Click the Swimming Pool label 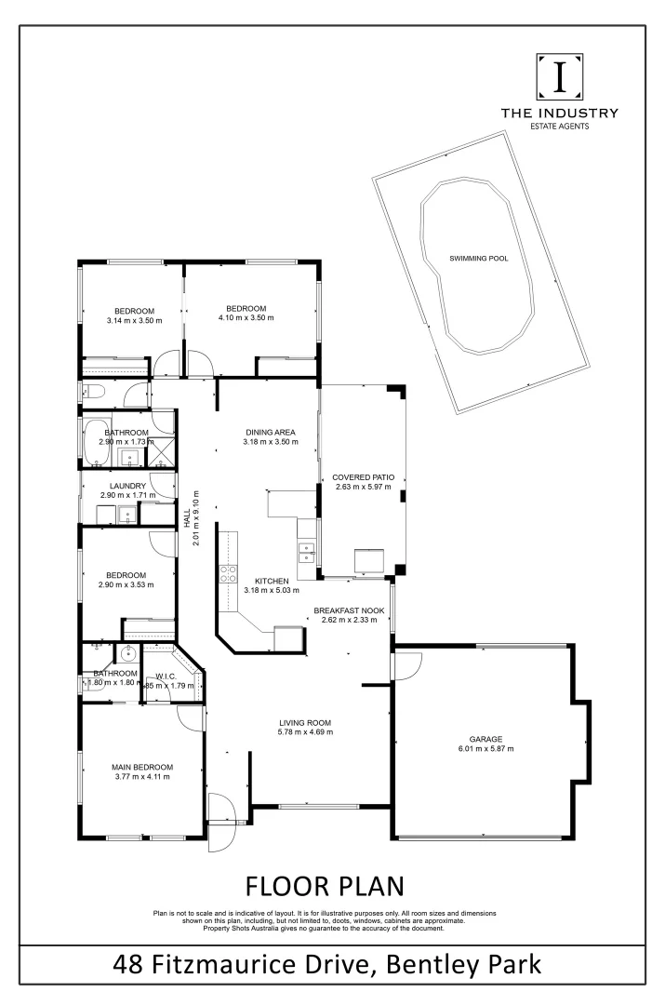(x=479, y=258)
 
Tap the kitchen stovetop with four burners (x=225, y=574)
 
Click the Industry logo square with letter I (x=559, y=77)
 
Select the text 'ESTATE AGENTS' (x=559, y=125)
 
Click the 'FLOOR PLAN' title (x=325, y=883)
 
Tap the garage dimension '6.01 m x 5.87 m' (x=485, y=748)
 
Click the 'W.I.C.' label (x=167, y=677)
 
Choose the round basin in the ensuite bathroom (x=125, y=653)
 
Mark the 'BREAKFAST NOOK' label (x=349, y=610)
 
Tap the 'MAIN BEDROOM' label (x=143, y=767)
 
